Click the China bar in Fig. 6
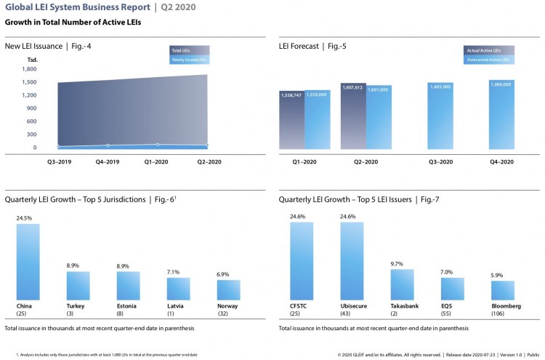28,262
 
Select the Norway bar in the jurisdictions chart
228,290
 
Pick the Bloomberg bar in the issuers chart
501,290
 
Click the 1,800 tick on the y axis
29,69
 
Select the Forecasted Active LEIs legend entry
489,60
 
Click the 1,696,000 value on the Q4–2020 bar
501,85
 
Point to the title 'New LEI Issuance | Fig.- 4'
48,46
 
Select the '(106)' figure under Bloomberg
501,313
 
